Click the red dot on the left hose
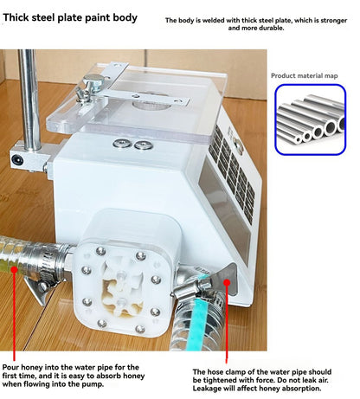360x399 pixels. point(14,269)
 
